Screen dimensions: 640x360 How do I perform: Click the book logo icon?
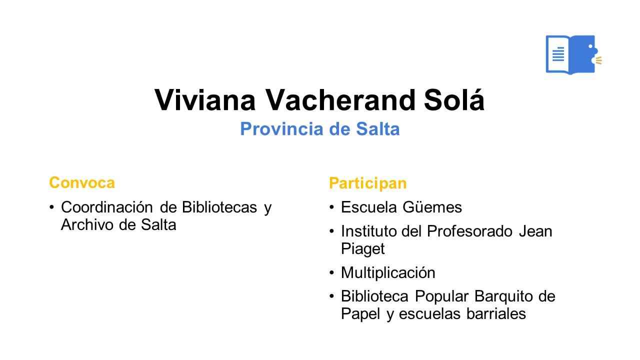coord(573,54)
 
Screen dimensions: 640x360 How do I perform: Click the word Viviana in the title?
coord(205,100)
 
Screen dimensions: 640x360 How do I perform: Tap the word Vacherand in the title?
coord(340,100)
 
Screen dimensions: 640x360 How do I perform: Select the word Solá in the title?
coord(454,99)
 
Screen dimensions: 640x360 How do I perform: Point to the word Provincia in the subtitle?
coord(281,129)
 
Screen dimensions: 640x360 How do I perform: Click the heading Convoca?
coord(82,183)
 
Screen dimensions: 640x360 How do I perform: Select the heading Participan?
coord(367,183)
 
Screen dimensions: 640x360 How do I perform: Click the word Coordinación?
coord(107,207)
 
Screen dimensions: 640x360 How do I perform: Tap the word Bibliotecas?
coord(219,207)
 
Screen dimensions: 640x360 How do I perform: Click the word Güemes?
coord(432,207)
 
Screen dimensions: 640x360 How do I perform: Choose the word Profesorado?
coord(469,231)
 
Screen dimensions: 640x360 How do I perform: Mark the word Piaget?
coord(363,249)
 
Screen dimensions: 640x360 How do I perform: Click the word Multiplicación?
coord(388,272)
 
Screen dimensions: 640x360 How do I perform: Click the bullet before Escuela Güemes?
coord(331,207)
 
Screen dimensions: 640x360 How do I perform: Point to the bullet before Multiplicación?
coord(331,272)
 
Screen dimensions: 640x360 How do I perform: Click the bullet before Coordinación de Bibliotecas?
coord(51,207)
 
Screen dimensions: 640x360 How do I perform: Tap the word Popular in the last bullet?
coord(441,296)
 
